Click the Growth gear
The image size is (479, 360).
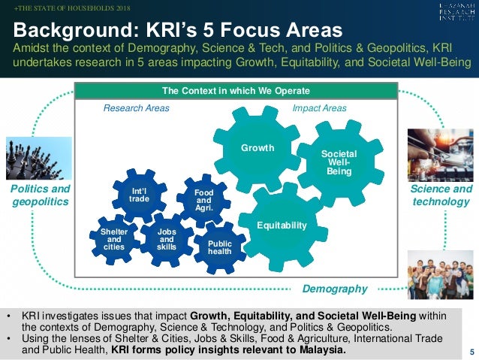pos(257,149)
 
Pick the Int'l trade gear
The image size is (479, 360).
pos(139,195)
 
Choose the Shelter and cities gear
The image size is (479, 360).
pos(113,240)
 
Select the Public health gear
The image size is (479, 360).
pos(219,247)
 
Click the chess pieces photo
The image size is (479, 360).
pos(38,157)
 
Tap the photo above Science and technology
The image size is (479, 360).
pos(440,153)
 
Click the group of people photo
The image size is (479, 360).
pos(440,274)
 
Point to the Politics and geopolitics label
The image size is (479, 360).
pos(39,195)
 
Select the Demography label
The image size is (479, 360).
pos(334,289)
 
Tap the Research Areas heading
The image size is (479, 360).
pos(136,108)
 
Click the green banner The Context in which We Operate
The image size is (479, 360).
pos(236,92)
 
